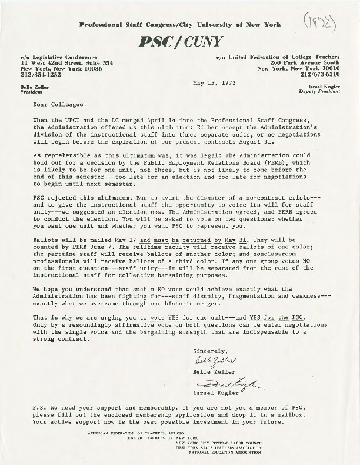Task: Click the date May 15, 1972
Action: (214, 83)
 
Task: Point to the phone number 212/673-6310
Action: (323, 75)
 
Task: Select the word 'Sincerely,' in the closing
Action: (209, 351)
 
